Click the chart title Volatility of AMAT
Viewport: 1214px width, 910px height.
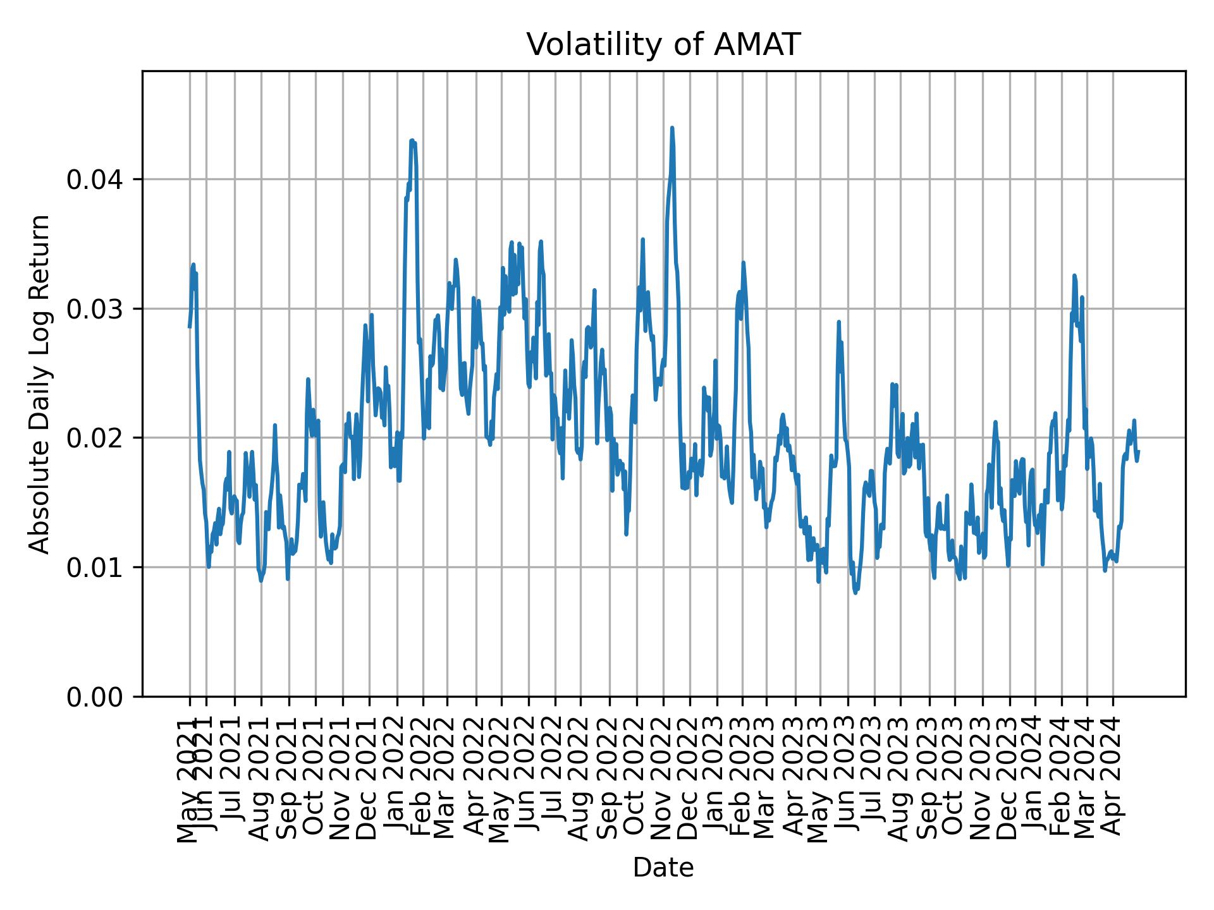(x=663, y=45)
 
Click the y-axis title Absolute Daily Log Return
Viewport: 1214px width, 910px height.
(x=40, y=384)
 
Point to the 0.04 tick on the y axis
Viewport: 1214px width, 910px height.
(x=95, y=180)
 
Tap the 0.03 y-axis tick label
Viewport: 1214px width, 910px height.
(x=95, y=309)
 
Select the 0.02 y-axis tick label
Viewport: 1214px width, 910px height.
(x=95, y=438)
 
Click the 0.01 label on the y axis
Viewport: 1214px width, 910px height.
(x=95, y=567)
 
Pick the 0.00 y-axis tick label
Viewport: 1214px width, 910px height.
(x=95, y=696)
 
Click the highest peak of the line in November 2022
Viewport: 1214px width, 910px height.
(x=672, y=128)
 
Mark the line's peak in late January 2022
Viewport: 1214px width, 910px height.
(x=412, y=140)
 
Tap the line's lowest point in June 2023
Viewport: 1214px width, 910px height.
(x=855, y=593)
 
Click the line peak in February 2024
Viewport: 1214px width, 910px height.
(x=1074, y=276)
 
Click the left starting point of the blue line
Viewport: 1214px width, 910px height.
(x=189, y=327)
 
